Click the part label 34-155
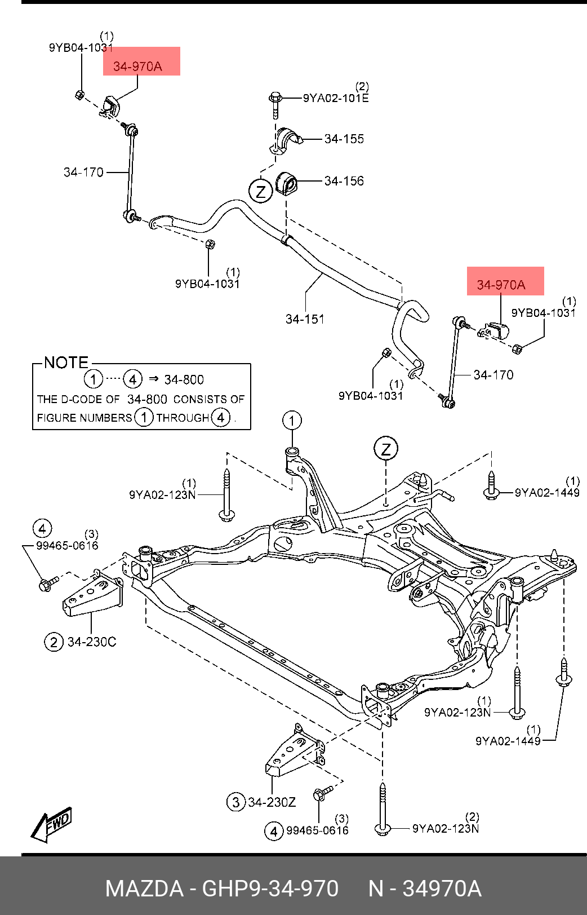coord(344,139)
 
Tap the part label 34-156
coord(344,181)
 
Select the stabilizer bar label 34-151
coord(305,319)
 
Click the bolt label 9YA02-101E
coord(336,98)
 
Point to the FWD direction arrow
coord(52,824)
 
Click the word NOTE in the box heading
coord(66,363)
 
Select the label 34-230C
coord(92,642)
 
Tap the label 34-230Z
coord(272,802)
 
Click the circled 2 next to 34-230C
coord(54,642)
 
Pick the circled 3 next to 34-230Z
coord(236,802)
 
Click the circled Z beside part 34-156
coord(260,191)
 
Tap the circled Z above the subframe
coord(386,449)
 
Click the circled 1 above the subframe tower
coord(292,421)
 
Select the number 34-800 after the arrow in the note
coord(184,380)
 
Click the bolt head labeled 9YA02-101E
coord(275,98)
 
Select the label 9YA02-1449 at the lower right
coord(508,741)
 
